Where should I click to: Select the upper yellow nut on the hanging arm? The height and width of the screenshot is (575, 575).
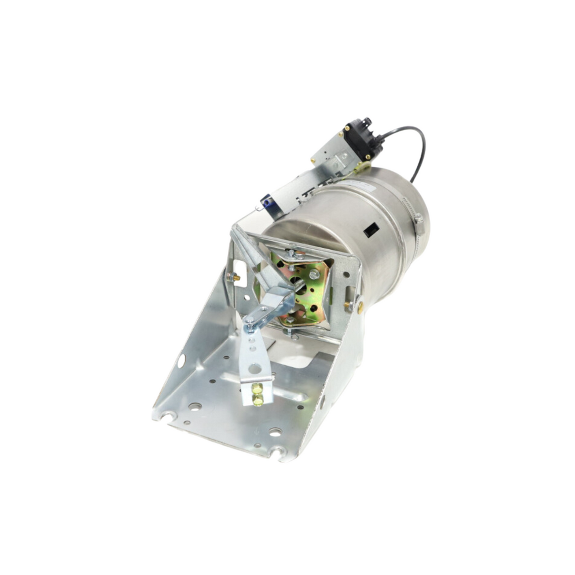pos(257,389)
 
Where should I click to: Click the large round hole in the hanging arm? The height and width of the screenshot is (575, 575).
pos(255,368)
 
